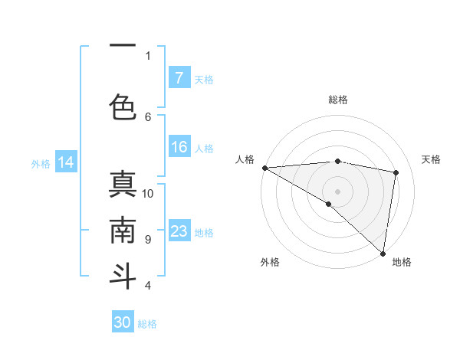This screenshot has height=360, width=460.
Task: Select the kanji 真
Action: point(123,185)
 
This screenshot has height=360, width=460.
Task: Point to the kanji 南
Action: point(123,230)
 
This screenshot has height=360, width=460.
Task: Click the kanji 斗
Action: point(123,275)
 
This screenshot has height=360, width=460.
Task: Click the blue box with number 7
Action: point(179,78)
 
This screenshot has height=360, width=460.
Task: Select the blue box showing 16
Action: point(179,148)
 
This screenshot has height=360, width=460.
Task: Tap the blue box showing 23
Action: point(179,231)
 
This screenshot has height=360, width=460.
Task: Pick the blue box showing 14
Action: point(66,162)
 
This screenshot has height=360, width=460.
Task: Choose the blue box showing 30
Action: point(123,322)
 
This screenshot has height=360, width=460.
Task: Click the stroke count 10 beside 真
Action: point(148,194)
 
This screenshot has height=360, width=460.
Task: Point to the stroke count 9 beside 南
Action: point(148,240)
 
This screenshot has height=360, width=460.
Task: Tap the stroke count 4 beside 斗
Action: point(148,286)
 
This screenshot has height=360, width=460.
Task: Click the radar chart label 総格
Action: point(337,100)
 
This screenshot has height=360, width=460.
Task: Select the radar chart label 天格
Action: point(431,159)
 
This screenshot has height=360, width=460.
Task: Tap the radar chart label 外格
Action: point(269,262)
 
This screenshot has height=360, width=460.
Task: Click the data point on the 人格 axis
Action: point(264,168)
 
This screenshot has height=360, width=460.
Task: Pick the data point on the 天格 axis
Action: point(396,172)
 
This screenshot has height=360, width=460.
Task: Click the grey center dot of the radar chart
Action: point(337,191)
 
